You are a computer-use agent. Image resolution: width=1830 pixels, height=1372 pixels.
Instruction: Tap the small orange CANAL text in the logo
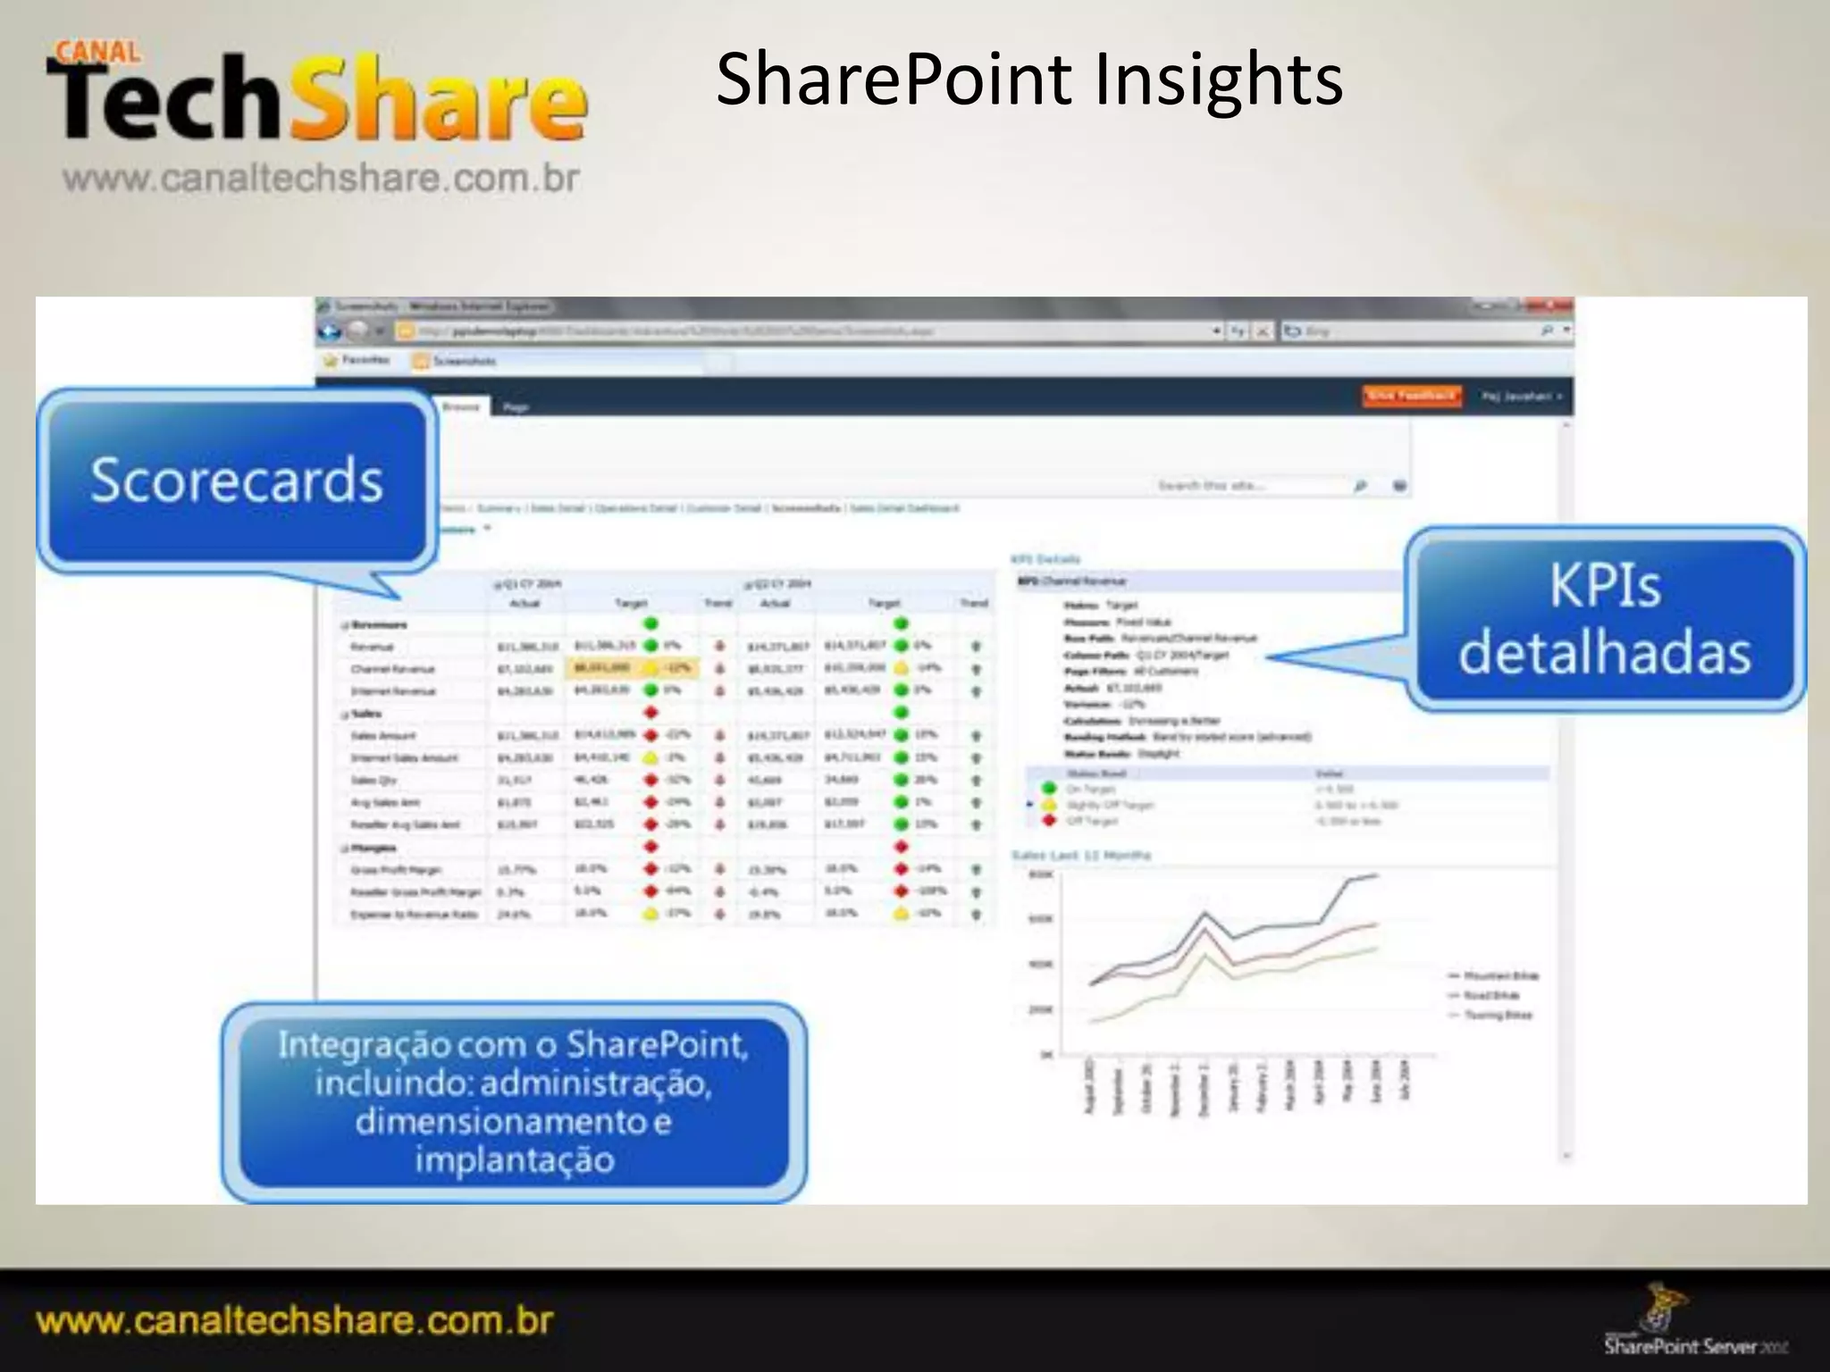(x=97, y=52)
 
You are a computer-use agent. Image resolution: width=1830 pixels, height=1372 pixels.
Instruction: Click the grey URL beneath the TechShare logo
(x=322, y=179)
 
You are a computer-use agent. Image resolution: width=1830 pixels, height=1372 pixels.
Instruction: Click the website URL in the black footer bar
(x=295, y=1320)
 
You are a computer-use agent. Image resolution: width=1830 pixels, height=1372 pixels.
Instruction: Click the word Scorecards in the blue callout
(x=237, y=480)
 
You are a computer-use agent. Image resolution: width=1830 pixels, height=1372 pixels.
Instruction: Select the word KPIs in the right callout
(x=1605, y=586)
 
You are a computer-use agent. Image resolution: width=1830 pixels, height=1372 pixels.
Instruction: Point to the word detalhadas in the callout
(x=1605, y=652)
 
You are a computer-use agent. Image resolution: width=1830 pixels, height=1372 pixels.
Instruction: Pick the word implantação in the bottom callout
(x=515, y=1159)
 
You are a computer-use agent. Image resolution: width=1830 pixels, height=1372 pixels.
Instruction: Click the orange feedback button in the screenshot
(x=1412, y=396)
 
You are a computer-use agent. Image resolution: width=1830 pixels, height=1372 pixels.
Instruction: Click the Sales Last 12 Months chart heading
(x=1081, y=856)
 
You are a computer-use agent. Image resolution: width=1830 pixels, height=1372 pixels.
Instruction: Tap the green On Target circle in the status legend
(x=1050, y=788)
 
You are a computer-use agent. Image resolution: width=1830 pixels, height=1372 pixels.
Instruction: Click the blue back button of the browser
(x=331, y=331)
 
